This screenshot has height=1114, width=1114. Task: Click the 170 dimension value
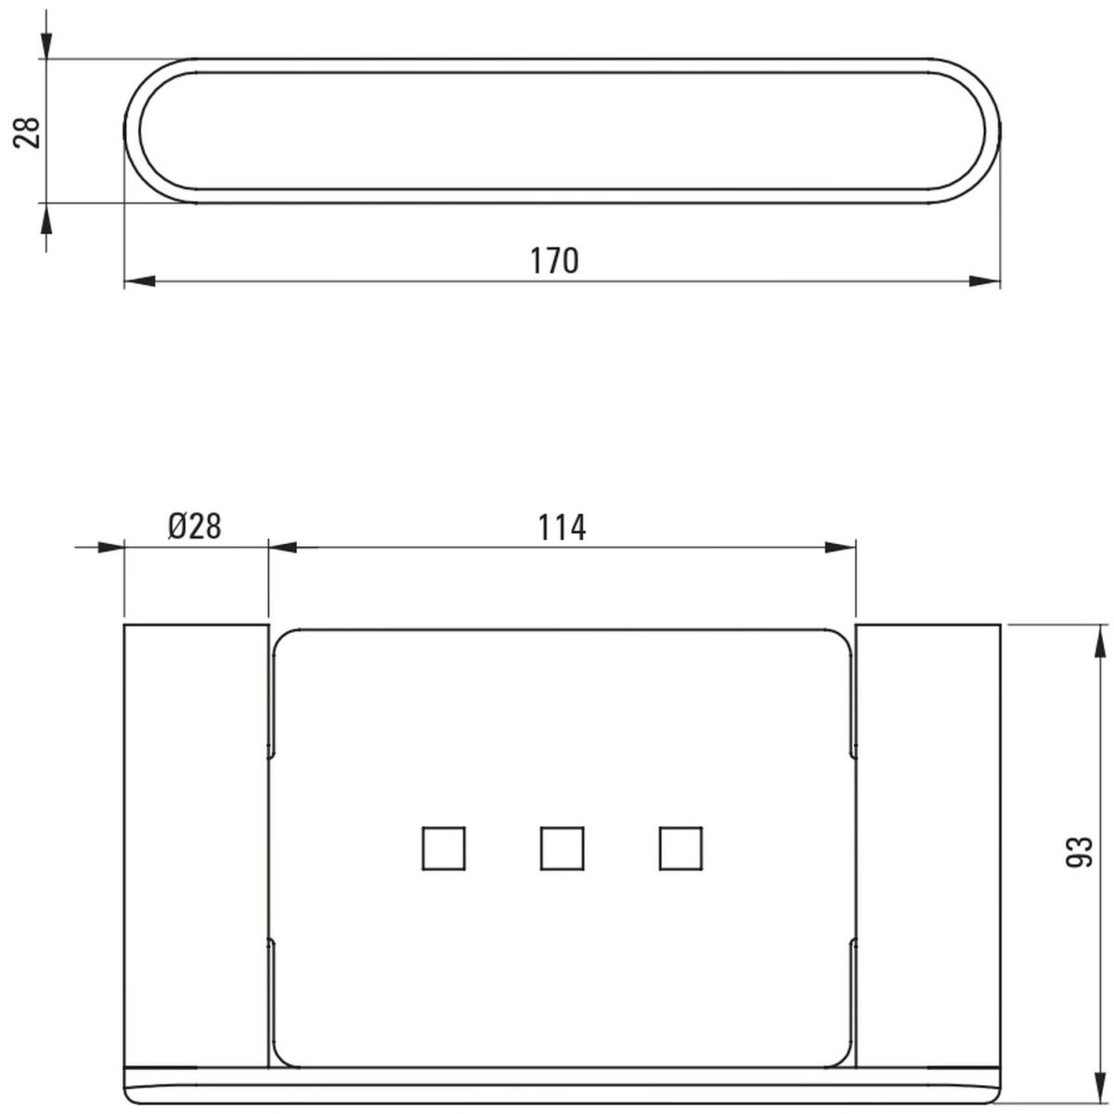pos(554,261)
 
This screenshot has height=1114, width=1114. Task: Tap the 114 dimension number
pos(562,527)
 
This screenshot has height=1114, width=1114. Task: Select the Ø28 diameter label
pos(195,526)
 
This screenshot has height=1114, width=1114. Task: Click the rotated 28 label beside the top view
pos(27,133)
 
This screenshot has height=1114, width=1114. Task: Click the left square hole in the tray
pos(444,848)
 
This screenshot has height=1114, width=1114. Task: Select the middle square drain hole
pos(562,848)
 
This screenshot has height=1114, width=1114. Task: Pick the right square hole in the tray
pos(680,848)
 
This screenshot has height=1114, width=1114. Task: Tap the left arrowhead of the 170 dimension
pos(140,281)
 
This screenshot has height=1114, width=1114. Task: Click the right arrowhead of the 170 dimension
pos(985,281)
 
